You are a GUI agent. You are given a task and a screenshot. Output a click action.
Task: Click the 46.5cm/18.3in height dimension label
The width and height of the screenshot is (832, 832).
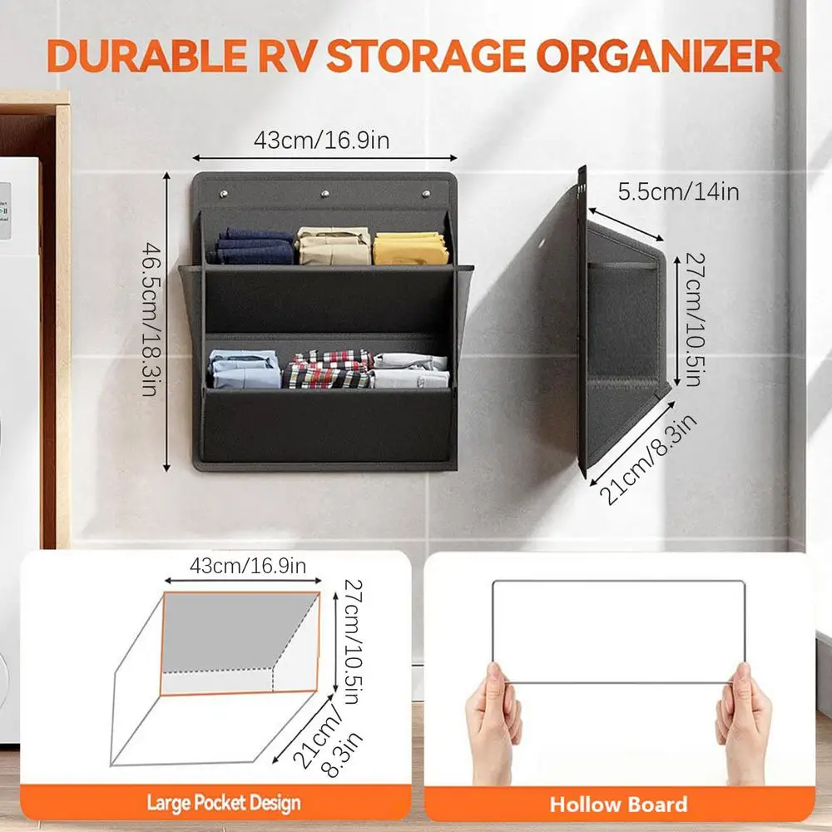pyautogui.click(x=150, y=319)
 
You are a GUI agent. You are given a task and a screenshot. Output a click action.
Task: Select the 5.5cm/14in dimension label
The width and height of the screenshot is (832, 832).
pyautogui.click(x=678, y=192)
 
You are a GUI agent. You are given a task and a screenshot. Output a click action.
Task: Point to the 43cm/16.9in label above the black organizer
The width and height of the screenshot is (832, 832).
pyautogui.click(x=322, y=140)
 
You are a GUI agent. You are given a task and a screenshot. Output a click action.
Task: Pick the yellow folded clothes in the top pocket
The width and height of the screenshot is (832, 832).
pyautogui.click(x=411, y=248)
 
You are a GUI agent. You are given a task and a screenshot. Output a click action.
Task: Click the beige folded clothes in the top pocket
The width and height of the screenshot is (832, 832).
pyautogui.click(x=334, y=245)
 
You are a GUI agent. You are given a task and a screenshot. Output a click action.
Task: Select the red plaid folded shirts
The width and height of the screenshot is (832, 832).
pyautogui.click(x=328, y=369)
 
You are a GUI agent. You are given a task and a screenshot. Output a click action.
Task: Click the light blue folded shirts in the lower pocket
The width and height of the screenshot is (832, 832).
pyautogui.click(x=245, y=369)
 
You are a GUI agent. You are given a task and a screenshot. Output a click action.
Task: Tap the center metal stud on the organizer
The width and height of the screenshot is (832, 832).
pyautogui.click(x=324, y=195)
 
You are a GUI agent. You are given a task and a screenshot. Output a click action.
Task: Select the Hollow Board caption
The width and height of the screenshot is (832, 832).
pyautogui.click(x=618, y=804)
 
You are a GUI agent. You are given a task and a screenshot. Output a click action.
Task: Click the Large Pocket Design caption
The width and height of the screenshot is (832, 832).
pyautogui.click(x=224, y=804)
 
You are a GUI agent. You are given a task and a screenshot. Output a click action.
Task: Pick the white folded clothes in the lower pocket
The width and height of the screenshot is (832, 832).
pyautogui.click(x=411, y=371)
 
